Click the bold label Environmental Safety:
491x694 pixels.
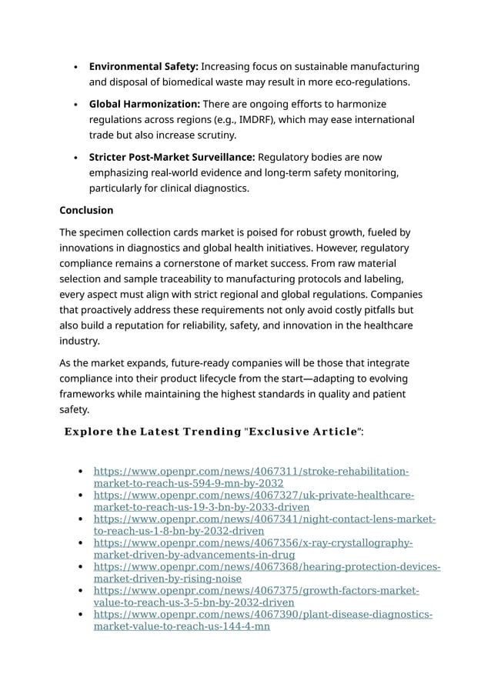point(143,67)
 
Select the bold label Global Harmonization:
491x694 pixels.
point(145,104)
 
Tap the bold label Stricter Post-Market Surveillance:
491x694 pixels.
point(172,157)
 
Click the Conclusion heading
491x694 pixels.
point(86,210)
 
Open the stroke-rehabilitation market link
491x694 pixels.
point(251,477)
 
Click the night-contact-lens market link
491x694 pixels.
point(264,525)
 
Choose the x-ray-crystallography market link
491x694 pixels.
point(253,549)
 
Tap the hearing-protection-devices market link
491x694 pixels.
point(266,572)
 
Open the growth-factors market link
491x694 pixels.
point(256,596)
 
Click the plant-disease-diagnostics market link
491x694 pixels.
point(262,620)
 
